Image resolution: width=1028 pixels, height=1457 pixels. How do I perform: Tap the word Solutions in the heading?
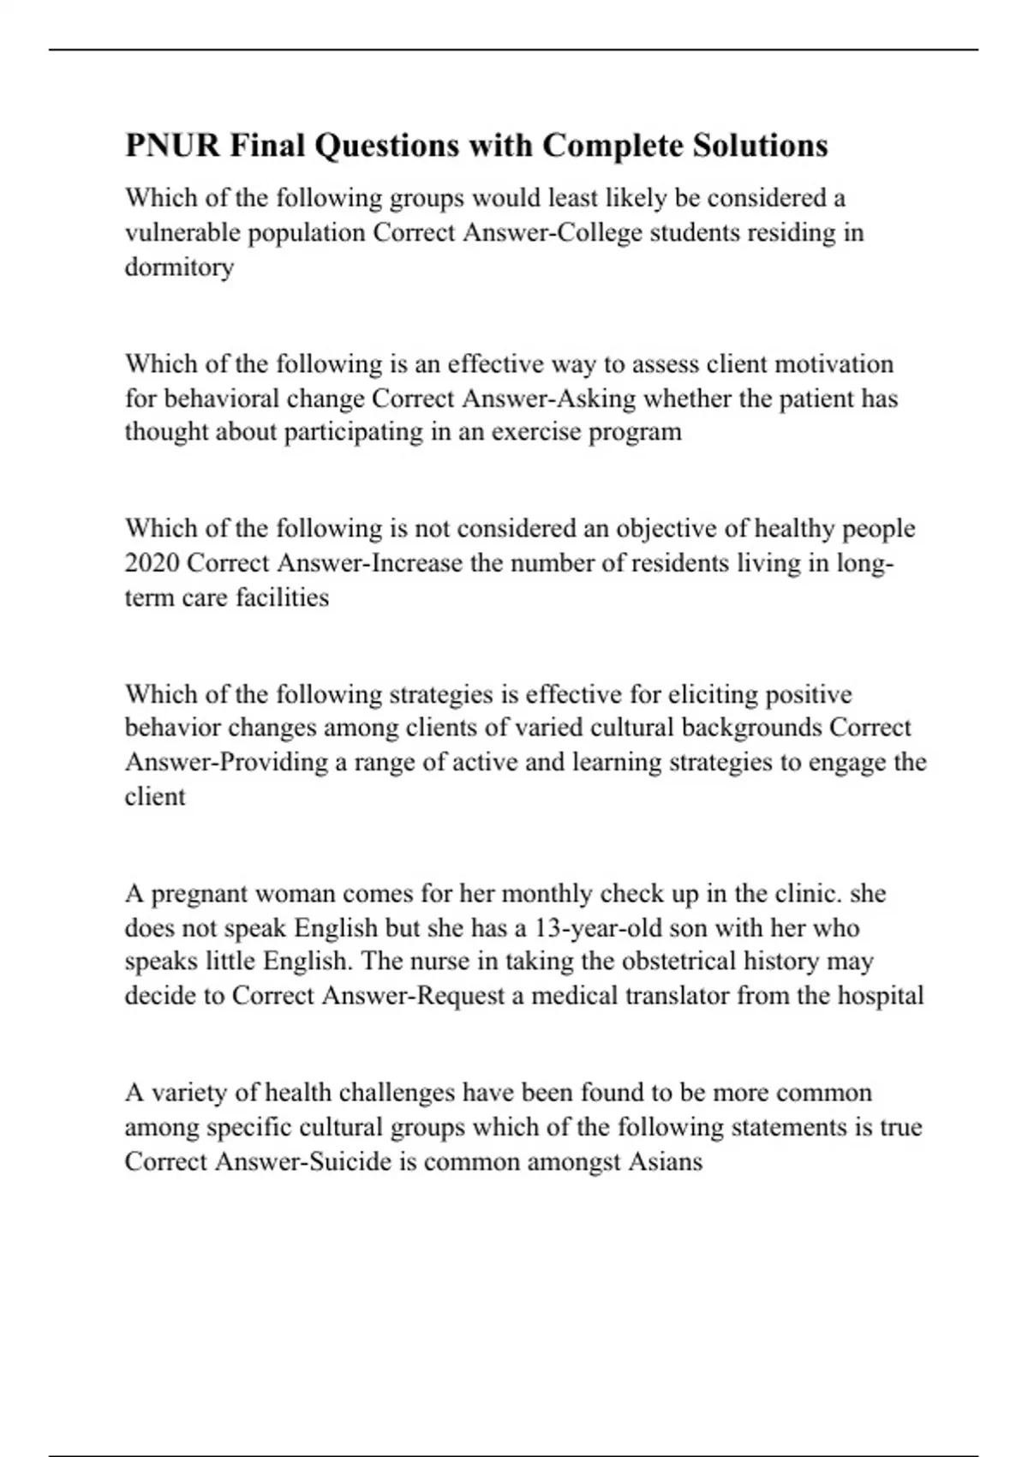tap(760, 146)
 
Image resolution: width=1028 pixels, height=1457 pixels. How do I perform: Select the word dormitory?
tap(179, 267)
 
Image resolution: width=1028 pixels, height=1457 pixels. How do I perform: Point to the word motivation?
tap(834, 364)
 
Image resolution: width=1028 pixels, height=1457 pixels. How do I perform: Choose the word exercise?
tap(537, 431)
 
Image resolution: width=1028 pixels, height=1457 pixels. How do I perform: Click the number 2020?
tap(152, 563)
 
